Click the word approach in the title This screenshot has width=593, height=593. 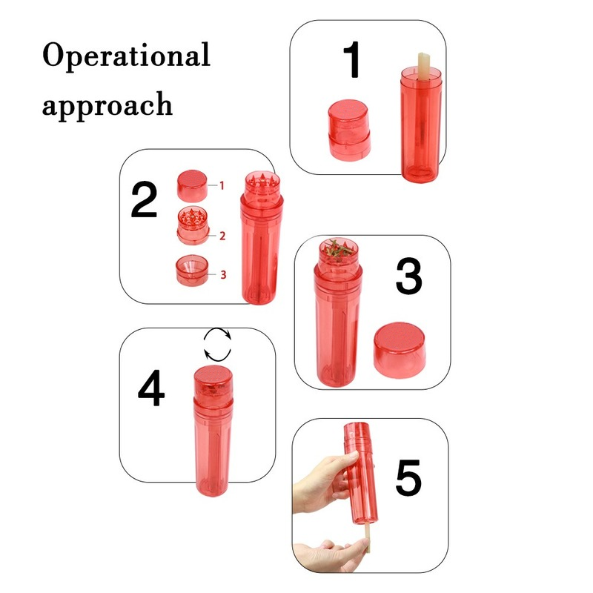click(107, 104)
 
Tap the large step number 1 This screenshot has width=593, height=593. click(354, 61)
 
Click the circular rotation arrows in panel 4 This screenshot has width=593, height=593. click(218, 345)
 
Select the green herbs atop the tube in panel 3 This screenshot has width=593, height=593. click(338, 248)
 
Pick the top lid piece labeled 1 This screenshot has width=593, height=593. click(193, 185)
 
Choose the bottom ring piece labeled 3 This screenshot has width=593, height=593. click(193, 271)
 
